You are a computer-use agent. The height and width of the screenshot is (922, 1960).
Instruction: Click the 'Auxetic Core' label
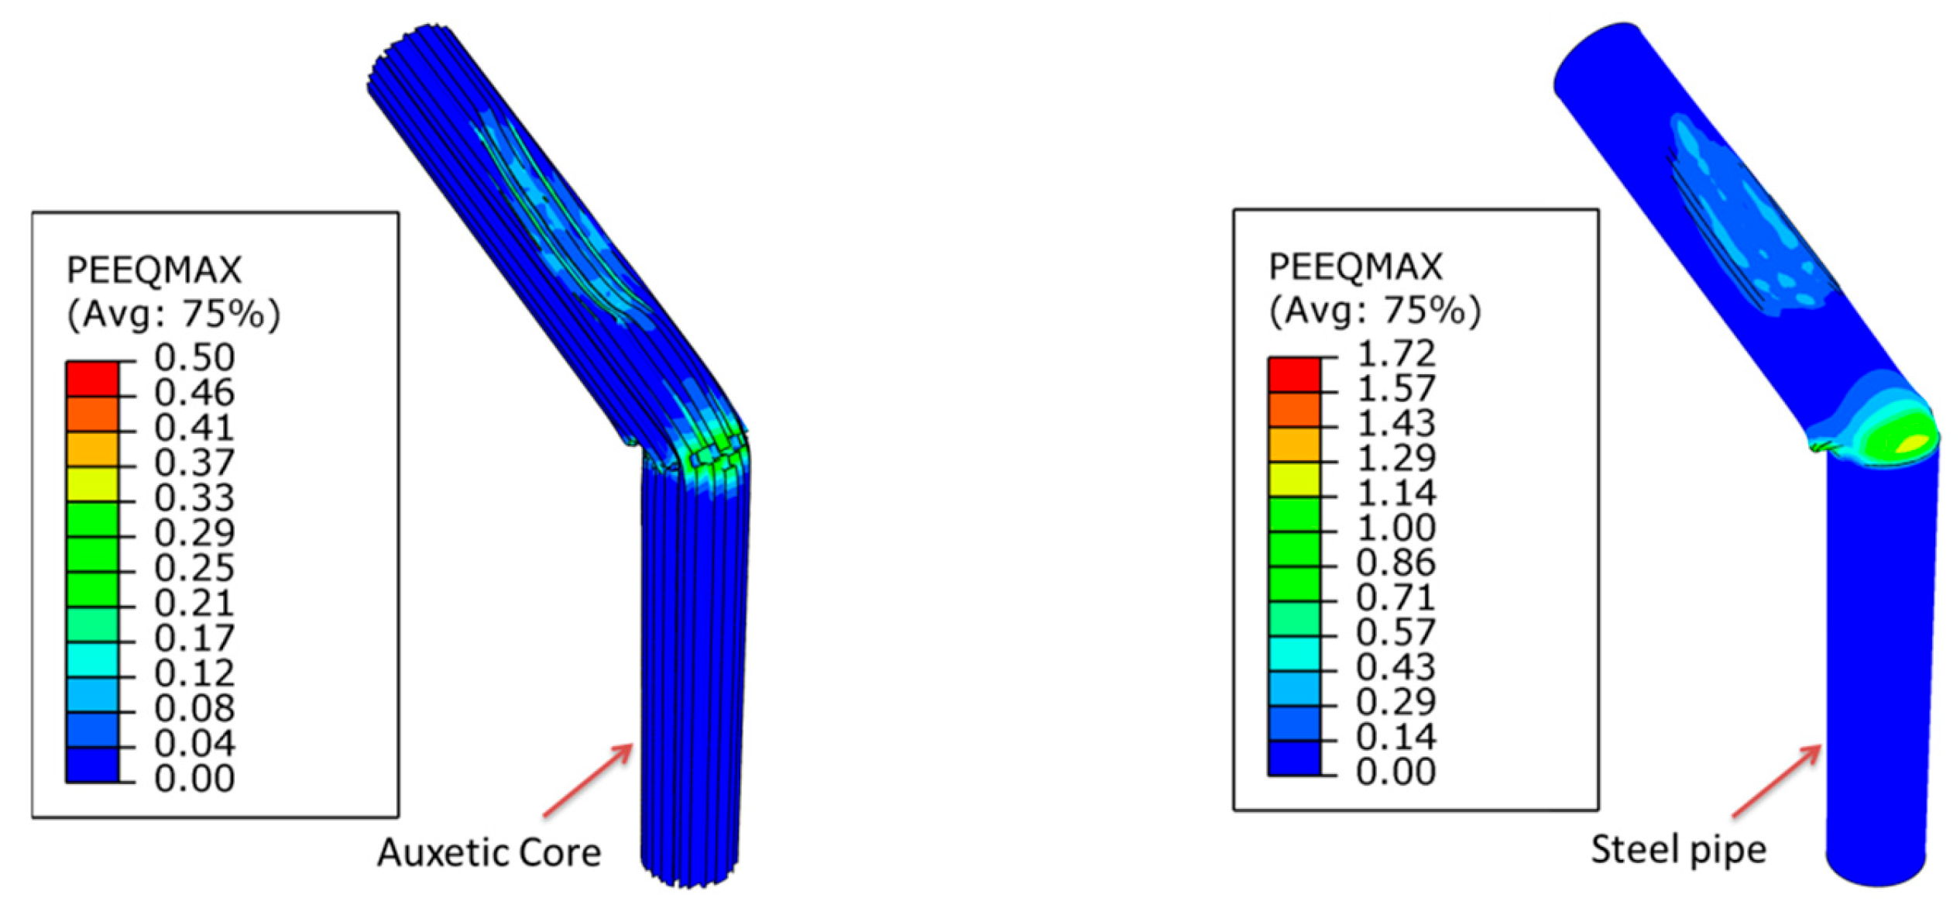click(489, 853)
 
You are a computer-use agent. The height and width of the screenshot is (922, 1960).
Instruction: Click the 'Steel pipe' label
click(1678, 851)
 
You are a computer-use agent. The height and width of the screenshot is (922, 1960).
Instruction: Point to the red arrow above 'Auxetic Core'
click(588, 780)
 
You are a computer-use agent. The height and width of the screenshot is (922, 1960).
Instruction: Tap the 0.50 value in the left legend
click(194, 358)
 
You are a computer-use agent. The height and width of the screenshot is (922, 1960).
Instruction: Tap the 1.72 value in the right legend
click(1397, 354)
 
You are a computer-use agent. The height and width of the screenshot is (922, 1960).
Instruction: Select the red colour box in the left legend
click(92, 380)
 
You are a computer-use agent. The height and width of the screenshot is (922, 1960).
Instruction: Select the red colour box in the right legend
click(1294, 375)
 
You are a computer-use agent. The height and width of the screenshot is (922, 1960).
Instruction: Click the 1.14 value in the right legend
click(1397, 494)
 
